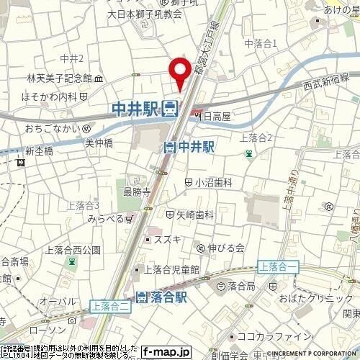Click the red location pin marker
point(179,73)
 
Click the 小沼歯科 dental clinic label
point(212,182)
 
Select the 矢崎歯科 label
point(194,215)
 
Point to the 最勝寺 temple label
point(136,192)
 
